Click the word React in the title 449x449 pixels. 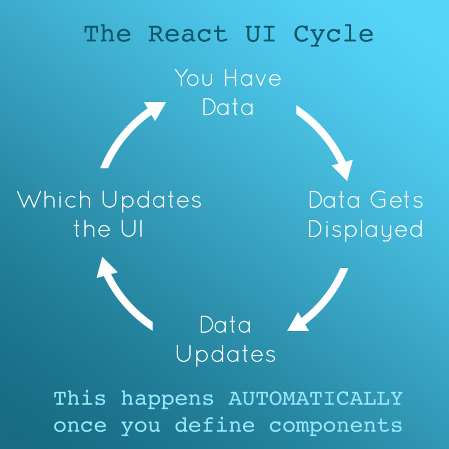click(187, 34)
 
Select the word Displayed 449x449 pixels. click(366, 230)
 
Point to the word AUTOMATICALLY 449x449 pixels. click(315, 398)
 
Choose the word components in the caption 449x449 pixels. click(336, 426)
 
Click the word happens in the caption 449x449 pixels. click(167, 398)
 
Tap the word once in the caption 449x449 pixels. click(80, 425)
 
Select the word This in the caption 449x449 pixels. click(80, 398)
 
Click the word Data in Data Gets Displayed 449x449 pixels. click(335, 199)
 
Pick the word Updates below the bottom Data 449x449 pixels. click(226, 354)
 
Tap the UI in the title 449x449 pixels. click(260, 34)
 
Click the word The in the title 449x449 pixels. click(107, 34)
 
